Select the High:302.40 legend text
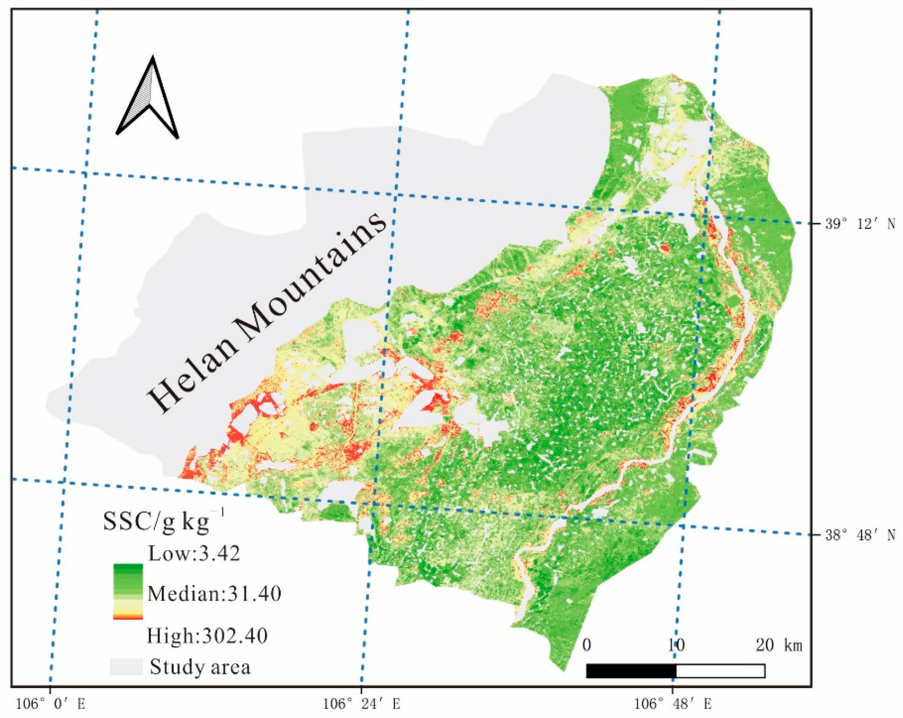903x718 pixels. click(207, 636)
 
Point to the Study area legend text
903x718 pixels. click(200, 667)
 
